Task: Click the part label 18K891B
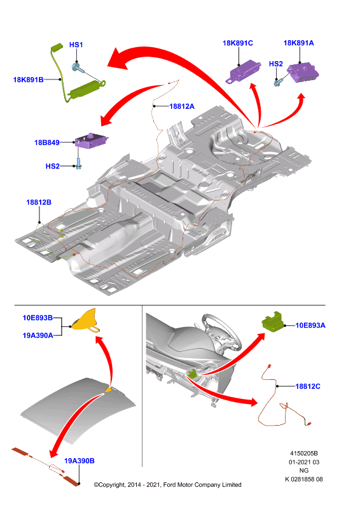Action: click(x=28, y=80)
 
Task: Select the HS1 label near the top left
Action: click(x=76, y=45)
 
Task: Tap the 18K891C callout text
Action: click(x=238, y=43)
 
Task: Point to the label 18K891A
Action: click(x=299, y=43)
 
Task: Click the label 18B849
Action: click(x=46, y=143)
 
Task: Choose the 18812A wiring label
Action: click(x=182, y=106)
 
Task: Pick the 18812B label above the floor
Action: click(x=39, y=202)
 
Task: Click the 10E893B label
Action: click(x=38, y=317)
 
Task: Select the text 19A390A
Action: click(x=38, y=335)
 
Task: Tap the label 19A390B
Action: click(x=80, y=461)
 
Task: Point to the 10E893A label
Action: click(x=310, y=325)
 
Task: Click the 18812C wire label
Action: click(x=308, y=386)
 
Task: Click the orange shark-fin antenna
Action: click(x=85, y=321)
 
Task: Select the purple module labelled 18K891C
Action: click(x=244, y=71)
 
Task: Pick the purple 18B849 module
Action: click(x=91, y=141)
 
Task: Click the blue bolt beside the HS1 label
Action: click(x=77, y=68)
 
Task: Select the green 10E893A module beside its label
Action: click(x=273, y=323)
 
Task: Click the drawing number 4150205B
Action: click(x=304, y=454)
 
